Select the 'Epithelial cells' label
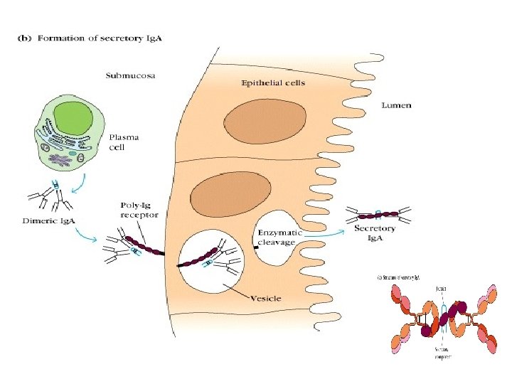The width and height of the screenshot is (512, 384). tap(272, 82)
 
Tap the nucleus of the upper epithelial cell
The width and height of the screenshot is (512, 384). tap(265, 119)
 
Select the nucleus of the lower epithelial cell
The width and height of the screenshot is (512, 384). tap(232, 194)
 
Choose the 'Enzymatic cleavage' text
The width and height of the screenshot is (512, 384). tap(279, 237)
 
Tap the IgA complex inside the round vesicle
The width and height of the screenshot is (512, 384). tap(213, 258)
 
